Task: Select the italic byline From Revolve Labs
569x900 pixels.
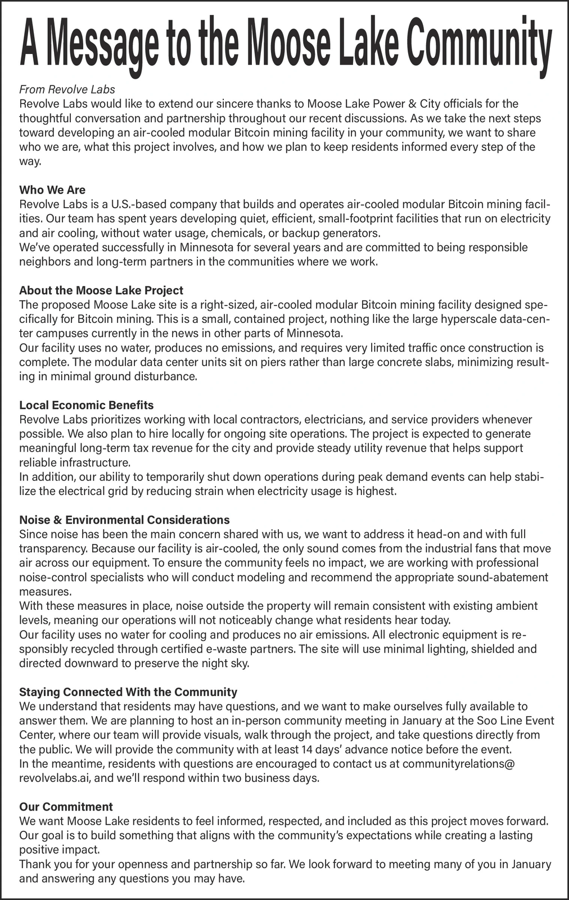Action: [x=67, y=89]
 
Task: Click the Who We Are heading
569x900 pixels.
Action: [x=52, y=190]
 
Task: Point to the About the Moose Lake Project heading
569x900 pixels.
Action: [x=101, y=290]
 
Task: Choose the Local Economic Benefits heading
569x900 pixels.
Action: [x=86, y=405]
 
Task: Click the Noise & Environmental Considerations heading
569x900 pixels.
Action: [x=124, y=520]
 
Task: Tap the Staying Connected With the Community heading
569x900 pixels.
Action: [x=128, y=692]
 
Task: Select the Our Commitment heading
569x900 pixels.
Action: [x=66, y=807]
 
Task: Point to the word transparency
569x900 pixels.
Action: [x=53, y=548]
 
